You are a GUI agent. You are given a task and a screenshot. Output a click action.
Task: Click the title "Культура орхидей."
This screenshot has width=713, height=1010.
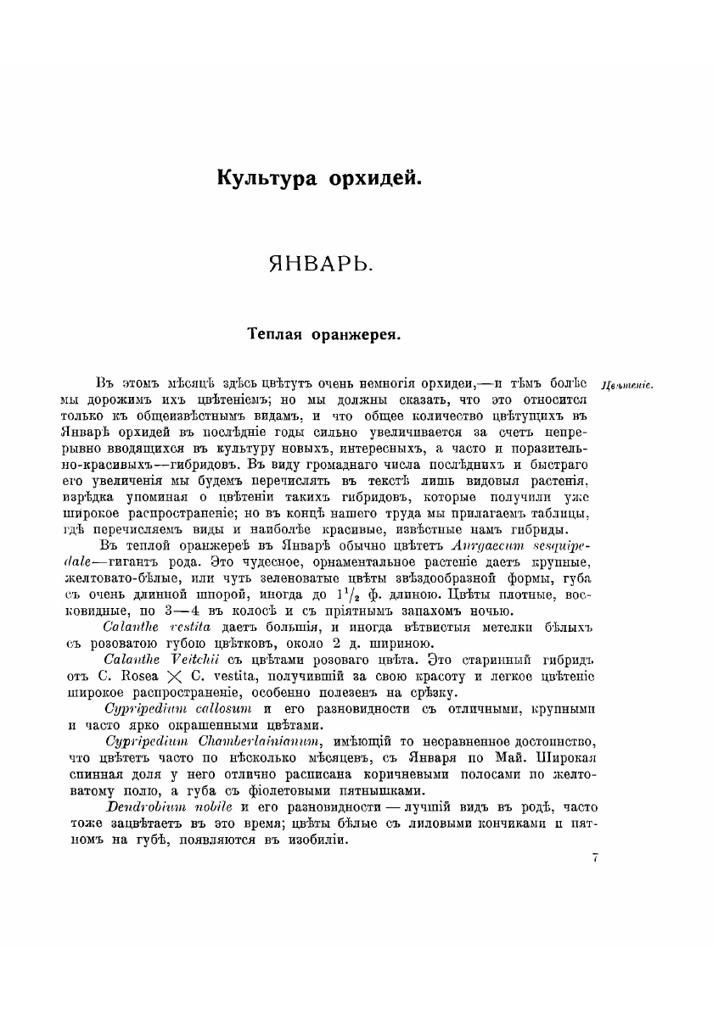tap(318, 180)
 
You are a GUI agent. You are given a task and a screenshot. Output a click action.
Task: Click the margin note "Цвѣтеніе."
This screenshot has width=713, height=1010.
tap(626, 387)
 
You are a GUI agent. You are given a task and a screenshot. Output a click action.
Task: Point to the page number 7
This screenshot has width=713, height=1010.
tap(596, 859)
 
